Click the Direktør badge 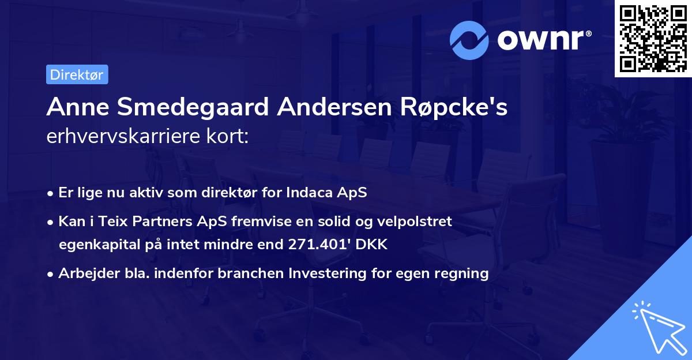(x=77, y=74)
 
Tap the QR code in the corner (x=653, y=38)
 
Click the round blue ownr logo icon (x=469, y=40)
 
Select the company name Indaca (x=313, y=193)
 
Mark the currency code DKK (x=372, y=245)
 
